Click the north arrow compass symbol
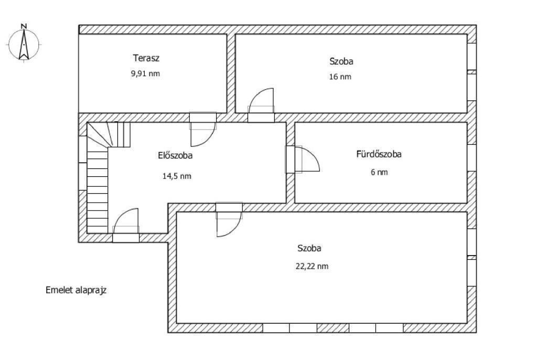pos(24,45)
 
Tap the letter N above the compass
pos(24,26)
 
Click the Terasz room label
pos(146,58)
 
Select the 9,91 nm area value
pos(145,73)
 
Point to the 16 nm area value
pos(340,77)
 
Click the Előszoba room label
pos(175,155)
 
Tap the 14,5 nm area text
pos(177,176)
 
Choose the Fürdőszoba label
pos(379,154)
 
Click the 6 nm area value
pos(379,172)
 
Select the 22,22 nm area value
pos(312,267)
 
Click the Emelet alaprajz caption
pos(76,290)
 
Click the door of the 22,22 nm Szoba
pos(229,220)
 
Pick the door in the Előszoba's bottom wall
pos(126,226)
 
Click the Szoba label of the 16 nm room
pos(341,61)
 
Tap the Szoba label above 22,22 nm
pos(309,248)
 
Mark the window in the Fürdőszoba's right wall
pos(471,158)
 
